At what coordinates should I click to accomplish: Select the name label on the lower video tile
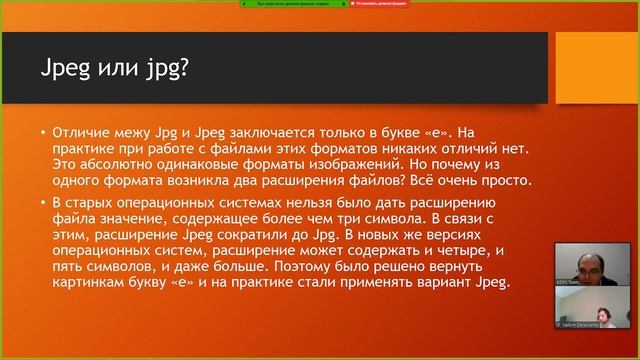572,326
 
